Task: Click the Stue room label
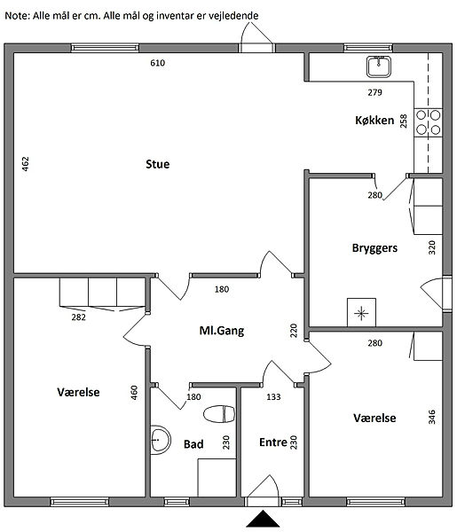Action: pyautogui.click(x=158, y=164)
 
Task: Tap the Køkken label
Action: pyautogui.click(x=374, y=120)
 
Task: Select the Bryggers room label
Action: pyautogui.click(x=374, y=248)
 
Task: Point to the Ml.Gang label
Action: pyautogui.click(x=222, y=331)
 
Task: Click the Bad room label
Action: pyautogui.click(x=193, y=444)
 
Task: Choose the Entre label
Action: pyautogui.click(x=273, y=442)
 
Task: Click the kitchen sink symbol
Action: pyautogui.click(x=379, y=66)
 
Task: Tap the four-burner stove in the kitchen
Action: pyautogui.click(x=428, y=122)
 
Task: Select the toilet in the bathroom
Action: pyautogui.click(x=219, y=414)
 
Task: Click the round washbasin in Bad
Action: pyautogui.click(x=160, y=440)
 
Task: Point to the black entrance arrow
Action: pyautogui.click(x=263, y=519)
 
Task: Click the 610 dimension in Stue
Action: pyautogui.click(x=158, y=63)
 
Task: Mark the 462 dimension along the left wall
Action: pyautogui.click(x=25, y=163)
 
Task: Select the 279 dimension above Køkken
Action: pyautogui.click(x=374, y=92)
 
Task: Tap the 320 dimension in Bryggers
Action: pyautogui.click(x=431, y=247)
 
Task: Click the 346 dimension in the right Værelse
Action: pyautogui.click(x=431, y=417)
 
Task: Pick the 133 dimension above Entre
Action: pyautogui.click(x=273, y=396)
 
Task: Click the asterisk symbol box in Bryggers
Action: pyautogui.click(x=361, y=312)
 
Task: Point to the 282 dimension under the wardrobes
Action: pyautogui.click(x=78, y=317)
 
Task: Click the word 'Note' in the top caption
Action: pyautogui.click(x=17, y=16)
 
